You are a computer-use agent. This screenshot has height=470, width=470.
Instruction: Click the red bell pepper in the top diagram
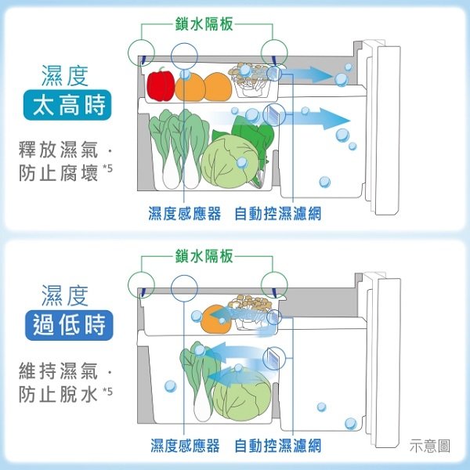coord(161,85)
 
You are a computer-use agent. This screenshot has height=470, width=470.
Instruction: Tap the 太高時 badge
coord(67,105)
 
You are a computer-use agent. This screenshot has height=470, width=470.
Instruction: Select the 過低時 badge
coord(69,326)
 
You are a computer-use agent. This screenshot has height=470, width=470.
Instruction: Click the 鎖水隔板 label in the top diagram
coord(204,23)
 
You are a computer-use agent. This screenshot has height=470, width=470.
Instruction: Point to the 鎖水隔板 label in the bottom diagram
coord(204,256)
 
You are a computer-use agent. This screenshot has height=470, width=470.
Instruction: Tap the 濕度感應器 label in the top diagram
coord(185,213)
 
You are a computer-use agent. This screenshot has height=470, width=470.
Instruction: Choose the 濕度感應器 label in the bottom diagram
coord(185,446)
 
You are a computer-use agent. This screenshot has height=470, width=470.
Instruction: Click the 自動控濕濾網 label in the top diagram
coord(278,213)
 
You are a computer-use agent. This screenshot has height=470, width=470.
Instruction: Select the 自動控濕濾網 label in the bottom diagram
coord(278,446)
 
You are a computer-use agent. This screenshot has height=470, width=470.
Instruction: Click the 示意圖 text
coord(430,446)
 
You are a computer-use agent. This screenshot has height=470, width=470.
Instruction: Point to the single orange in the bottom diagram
coord(216,320)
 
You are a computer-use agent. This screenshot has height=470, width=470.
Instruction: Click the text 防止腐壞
coord(59,173)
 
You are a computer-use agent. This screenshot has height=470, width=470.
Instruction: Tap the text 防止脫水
coord(59,394)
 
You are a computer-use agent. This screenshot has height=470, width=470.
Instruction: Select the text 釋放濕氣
coord(59,150)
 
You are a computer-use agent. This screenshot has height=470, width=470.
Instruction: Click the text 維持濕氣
coord(59,371)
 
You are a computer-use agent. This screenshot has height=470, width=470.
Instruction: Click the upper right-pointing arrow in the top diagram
coord(306,74)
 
